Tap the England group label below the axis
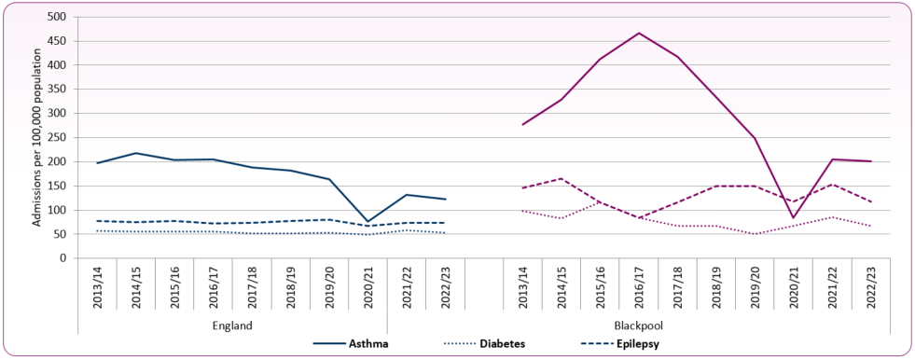point(231,325)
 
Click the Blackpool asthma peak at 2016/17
point(638,33)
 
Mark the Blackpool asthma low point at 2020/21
point(792,218)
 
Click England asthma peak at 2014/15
point(135,153)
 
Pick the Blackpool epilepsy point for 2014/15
point(561,178)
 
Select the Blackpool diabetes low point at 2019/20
point(753,234)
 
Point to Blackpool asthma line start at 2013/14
point(522,125)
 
